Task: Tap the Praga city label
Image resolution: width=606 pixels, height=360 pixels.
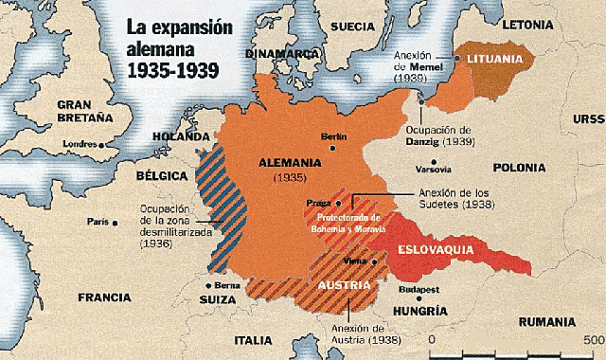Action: pos(316,203)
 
